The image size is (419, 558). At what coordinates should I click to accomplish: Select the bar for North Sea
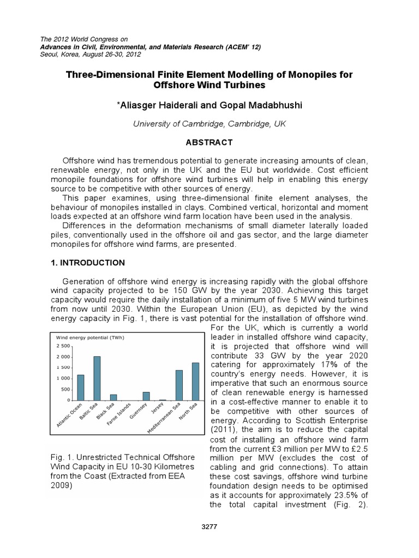point(195,381)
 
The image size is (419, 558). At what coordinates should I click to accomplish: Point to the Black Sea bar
point(113,397)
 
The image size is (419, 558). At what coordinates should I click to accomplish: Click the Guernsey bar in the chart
point(146,396)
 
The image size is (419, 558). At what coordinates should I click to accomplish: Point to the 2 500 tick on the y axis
point(63,346)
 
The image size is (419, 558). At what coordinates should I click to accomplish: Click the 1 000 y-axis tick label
point(63,378)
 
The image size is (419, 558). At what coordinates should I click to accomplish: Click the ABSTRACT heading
point(209,143)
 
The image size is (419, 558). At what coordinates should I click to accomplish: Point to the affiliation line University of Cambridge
point(209,124)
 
